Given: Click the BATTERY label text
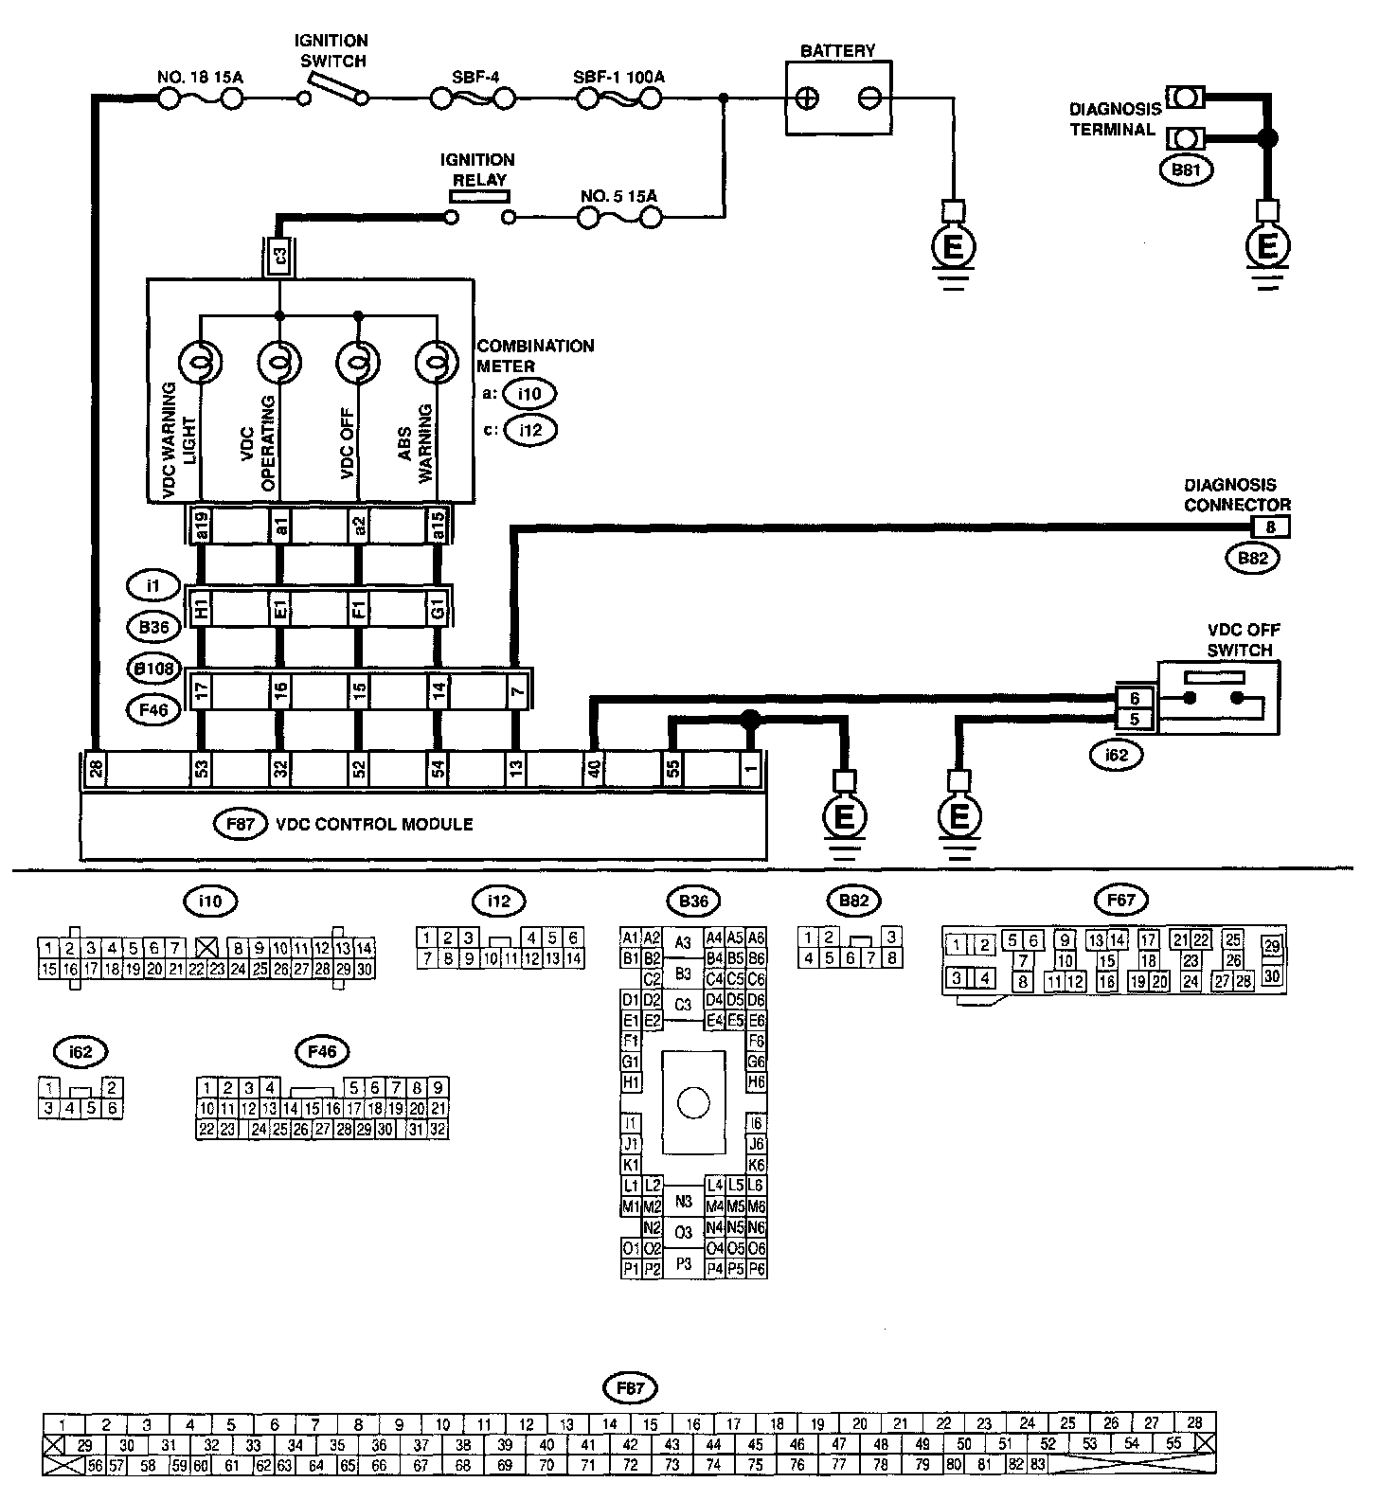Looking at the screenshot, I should click(837, 50).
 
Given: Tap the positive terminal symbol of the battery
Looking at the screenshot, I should click(808, 98).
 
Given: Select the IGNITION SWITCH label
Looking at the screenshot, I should click(331, 51).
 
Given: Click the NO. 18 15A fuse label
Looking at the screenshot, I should click(198, 76).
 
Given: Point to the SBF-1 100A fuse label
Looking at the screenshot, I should click(618, 76).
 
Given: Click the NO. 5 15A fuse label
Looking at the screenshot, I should click(618, 196).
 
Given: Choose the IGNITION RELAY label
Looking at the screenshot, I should click(477, 170).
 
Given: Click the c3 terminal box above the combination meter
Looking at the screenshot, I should click(278, 255).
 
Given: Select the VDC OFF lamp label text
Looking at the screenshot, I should click(346, 447).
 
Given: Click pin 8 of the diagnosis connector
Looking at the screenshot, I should click(1270, 527).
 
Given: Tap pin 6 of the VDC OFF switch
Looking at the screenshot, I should click(1136, 698).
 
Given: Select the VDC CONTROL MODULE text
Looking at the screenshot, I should click(374, 824).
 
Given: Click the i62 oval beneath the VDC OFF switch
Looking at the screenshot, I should click(1116, 755).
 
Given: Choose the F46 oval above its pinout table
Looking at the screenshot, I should click(322, 1051).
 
